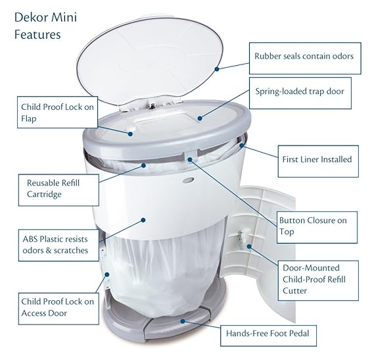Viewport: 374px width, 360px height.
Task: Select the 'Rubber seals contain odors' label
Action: (x=304, y=56)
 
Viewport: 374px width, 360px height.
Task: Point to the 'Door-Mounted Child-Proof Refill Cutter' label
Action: (x=321, y=278)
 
